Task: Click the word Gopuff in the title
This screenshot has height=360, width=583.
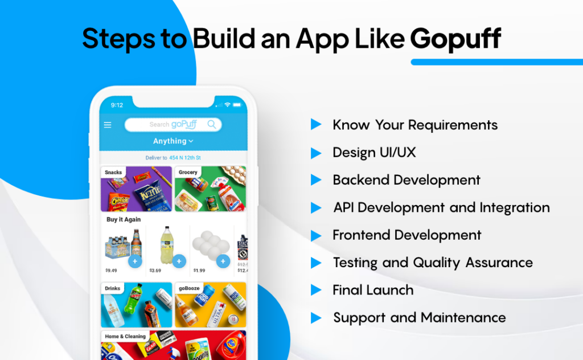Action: (455, 38)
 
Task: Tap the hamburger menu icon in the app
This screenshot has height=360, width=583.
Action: (108, 125)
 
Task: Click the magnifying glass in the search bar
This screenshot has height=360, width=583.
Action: (212, 124)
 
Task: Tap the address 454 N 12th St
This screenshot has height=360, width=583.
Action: (184, 158)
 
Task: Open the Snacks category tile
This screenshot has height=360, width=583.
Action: (136, 189)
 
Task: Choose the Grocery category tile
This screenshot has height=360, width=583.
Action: (210, 189)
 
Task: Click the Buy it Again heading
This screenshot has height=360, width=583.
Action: (124, 219)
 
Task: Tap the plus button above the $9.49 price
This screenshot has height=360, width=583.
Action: (135, 261)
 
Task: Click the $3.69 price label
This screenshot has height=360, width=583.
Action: (155, 271)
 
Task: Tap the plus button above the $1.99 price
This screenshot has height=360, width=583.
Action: (223, 261)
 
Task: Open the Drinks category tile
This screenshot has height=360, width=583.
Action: (136, 305)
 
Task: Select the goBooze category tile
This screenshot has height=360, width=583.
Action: (210, 305)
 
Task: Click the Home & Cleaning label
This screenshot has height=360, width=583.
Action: (125, 336)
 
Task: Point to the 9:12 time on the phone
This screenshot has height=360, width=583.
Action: (117, 105)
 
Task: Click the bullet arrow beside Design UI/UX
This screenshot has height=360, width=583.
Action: (316, 153)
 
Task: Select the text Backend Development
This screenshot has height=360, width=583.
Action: (407, 180)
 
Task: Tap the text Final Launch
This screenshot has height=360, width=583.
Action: (373, 290)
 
